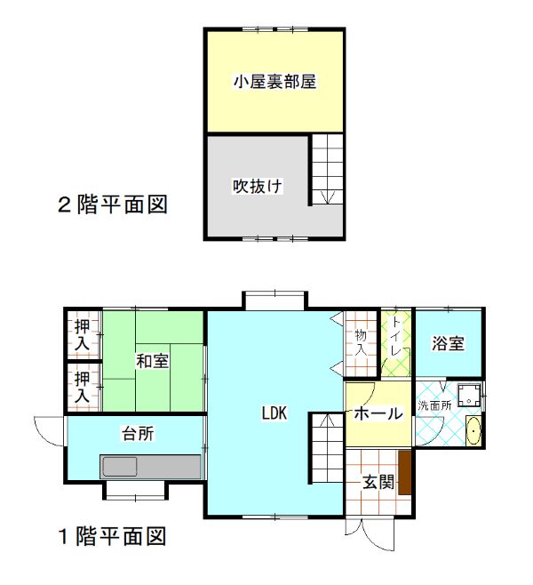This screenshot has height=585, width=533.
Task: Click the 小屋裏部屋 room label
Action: (275, 82)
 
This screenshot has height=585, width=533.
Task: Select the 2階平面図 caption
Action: (113, 205)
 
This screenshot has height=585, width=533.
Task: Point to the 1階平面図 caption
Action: (113, 536)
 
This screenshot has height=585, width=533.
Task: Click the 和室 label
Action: (153, 361)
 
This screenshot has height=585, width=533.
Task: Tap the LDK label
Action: (274, 413)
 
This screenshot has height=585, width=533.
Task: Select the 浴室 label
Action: (449, 344)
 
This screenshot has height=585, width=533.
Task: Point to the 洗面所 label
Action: (435, 405)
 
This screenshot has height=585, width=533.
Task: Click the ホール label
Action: (378, 413)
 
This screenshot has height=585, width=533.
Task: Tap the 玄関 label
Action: (378, 483)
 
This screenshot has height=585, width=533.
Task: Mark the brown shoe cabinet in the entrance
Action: (404, 472)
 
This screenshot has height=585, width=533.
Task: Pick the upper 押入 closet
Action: (83, 333)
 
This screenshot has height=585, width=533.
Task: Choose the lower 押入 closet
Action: (83, 387)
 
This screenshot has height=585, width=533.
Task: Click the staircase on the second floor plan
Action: (326, 169)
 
